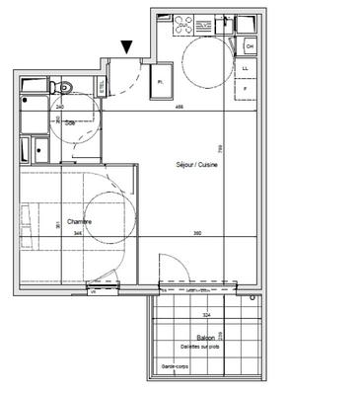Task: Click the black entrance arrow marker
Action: click(x=127, y=45)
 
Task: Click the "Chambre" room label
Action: click(x=80, y=222)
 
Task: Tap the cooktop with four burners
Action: click(x=184, y=23)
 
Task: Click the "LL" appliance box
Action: click(x=246, y=68)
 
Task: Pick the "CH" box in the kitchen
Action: click(x=249, y=46)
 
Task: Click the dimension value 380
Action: click(x=196, y=233)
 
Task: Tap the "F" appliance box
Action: click(x=246, y=88)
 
